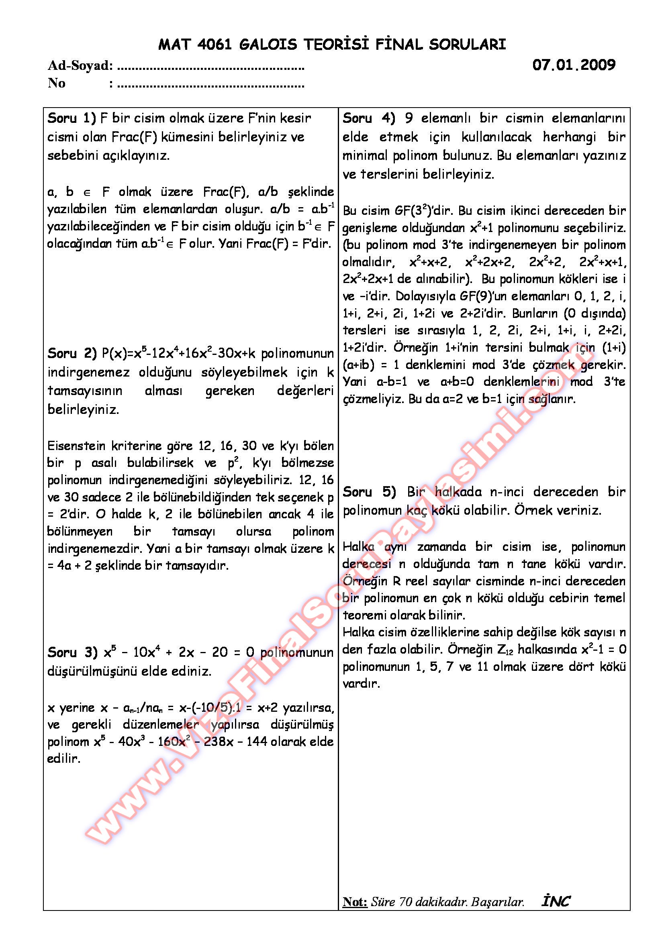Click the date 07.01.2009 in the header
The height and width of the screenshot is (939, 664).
click(x=574, y=65)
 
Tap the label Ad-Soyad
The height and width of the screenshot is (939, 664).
click(x=80, y=65)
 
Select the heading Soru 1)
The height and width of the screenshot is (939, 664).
click(x=72, y=118)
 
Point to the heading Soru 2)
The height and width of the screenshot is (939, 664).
click(x=72, y=353)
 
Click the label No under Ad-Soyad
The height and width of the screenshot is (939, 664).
click(x=57, y=83)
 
